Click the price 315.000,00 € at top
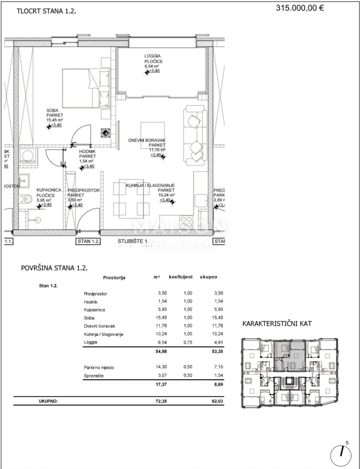[300, 7]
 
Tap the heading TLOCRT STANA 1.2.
[46, 12]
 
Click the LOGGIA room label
[153, 56]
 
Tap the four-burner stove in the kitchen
[186, 222]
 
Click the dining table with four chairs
[128, 200]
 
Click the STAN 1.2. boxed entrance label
[88, 241]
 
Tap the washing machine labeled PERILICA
[29, 156]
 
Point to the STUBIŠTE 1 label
[133, 241]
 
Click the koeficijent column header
[180, 277]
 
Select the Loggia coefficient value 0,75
[186, 343]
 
